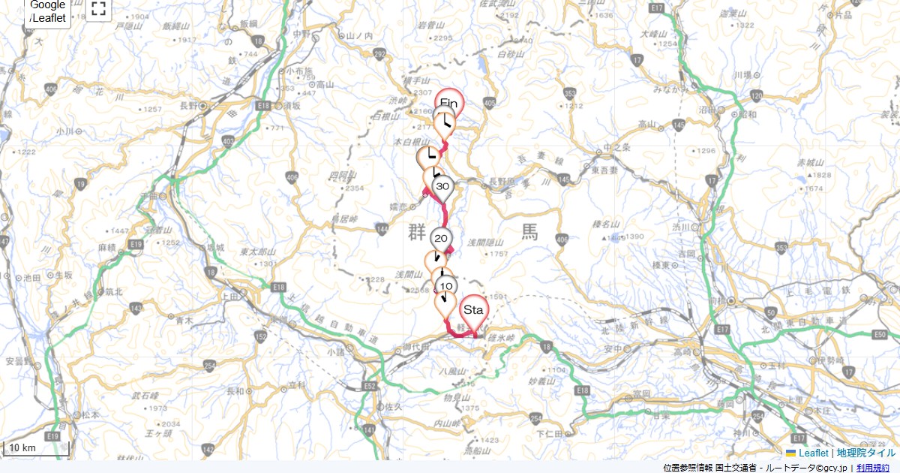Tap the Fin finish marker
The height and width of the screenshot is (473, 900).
[449, 103]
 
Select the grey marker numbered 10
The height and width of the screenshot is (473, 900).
[446, 287]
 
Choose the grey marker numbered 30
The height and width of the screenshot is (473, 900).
[442, 187]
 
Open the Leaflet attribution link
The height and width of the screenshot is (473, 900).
[813, 453]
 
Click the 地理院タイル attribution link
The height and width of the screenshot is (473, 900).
[865, 453]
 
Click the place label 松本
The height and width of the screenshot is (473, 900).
[91, 414]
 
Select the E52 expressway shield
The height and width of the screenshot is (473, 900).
[370, 386]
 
